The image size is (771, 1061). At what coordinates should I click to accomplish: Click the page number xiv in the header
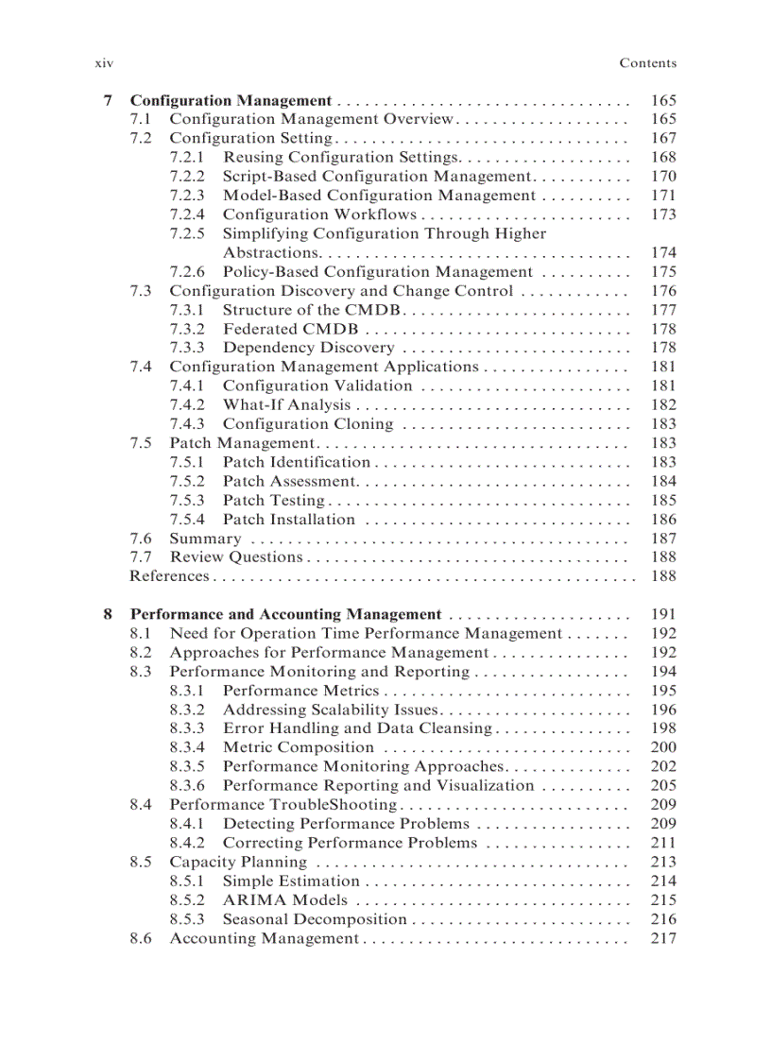tap(104, 63)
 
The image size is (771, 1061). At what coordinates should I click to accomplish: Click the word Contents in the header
tap(647, 63)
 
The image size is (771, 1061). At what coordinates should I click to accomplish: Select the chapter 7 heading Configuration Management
tap(230, 100)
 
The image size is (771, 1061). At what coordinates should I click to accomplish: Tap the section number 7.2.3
tap(187, 196)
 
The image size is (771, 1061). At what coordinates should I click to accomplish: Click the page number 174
tap(663, 252)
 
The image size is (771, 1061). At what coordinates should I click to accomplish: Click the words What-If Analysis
tap(286, 404)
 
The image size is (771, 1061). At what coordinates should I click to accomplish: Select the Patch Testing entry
tap(273, 500)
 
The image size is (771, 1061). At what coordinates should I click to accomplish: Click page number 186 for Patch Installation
tap(663, 519)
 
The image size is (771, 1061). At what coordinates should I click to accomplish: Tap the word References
tap(169, 575)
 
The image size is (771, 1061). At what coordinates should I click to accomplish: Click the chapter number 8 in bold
tap(108, 614)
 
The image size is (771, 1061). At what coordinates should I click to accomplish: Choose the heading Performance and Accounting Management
tap(285, 614)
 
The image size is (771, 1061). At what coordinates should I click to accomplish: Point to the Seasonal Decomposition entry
tap(315, 918)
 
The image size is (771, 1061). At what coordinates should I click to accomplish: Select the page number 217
tap(663, 938)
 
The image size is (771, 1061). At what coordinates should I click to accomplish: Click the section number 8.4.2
tap(187, 843)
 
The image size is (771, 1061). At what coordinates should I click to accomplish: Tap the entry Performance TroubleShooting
tap(283, 804)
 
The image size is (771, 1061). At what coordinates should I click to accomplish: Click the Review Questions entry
tap(235, 556)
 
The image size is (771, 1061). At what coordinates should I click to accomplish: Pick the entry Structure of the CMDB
tap(313, 310)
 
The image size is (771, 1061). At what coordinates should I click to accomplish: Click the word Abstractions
tap(270, 252)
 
